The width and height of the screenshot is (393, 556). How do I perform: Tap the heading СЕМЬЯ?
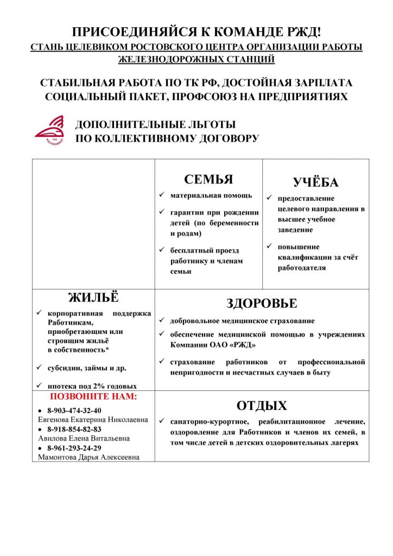(x=208, y=180)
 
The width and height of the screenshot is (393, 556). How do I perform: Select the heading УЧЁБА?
(x=315, y=182)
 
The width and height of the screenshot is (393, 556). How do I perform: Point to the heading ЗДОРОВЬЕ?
(x=262, y=303)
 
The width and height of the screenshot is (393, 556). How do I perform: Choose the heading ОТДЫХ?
(x=262, y=406)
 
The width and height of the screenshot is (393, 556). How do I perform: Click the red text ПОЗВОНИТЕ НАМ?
(x=93, y=396)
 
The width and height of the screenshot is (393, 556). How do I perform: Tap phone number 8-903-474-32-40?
(x=74, y=410)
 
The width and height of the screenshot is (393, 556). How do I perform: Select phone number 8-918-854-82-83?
(x=74, y=429)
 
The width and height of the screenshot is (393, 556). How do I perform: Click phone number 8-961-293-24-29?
(x=74, y=448)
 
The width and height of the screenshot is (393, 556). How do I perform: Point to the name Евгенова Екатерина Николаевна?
(x=89, y=420)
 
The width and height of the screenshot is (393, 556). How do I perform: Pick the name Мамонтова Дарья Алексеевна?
(x=88, y=457)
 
